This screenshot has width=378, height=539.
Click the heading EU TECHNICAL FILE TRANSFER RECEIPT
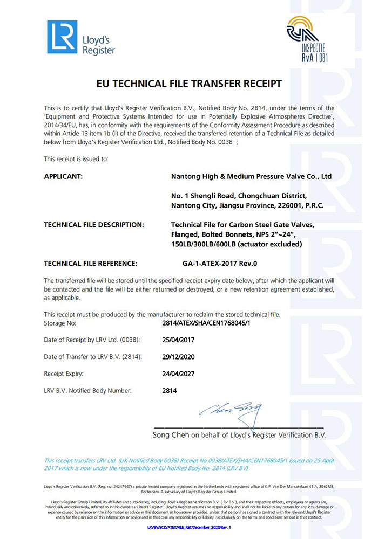[188, 84]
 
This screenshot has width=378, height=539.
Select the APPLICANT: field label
[63, 176]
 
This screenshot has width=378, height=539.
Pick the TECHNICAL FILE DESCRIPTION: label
[93, 225]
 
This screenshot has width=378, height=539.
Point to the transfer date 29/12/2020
[178, 357]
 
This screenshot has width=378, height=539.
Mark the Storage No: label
[60, 323]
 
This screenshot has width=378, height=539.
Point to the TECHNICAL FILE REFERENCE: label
[91, 264]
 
